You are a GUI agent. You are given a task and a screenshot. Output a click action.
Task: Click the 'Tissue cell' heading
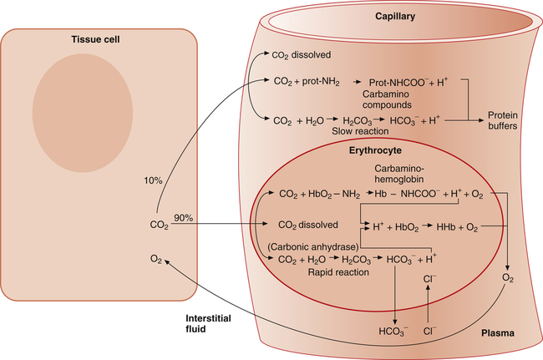pyautogui.click(x=98, y=40)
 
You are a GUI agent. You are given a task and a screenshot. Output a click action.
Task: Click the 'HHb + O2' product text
pyautogui.click(x=454, y=226)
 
